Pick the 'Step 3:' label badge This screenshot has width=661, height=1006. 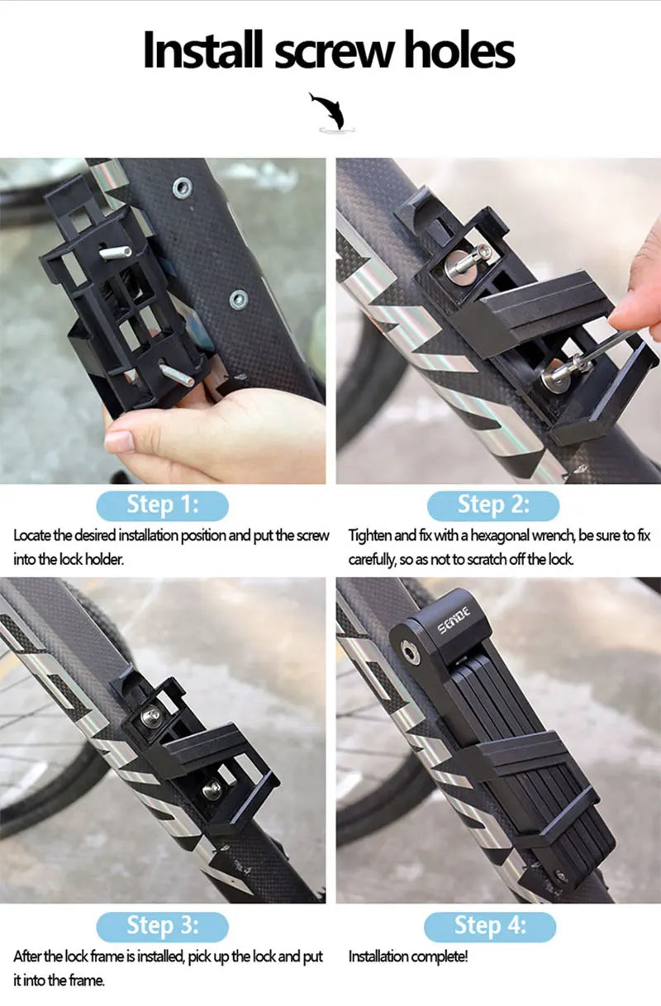click(162, 926)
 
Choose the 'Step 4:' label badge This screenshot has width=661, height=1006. click(490, 926)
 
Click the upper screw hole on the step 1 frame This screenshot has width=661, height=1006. click(183, 188)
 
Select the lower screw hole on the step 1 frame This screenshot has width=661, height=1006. click(239, 299)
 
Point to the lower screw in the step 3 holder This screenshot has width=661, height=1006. click(212, 786)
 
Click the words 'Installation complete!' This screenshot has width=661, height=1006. click(407, 956)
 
